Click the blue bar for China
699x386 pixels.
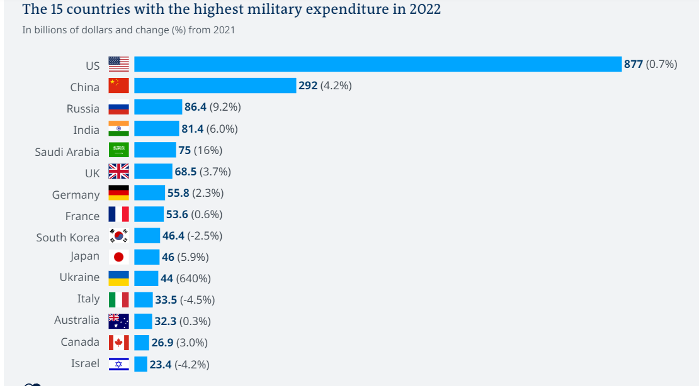click(x=215, y=85)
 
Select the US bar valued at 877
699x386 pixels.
click(x=378, y=64)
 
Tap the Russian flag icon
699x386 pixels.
click(x=118, y=108)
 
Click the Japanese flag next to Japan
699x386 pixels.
click(x=118, y=256)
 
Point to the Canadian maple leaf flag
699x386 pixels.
click(x=118, y=343)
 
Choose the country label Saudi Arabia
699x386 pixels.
click(x=67, y=152)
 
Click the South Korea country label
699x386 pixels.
click(x=67, y=237)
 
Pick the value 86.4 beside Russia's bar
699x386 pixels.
click(x=195, y=107)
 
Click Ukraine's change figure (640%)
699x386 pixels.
click(x=193, y=278)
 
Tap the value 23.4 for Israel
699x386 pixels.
click(x=161, y=364)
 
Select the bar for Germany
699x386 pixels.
click(x=149, y=193)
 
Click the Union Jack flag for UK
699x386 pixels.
click(x=118, y=172)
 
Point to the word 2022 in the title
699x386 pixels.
click(x=423, y=9)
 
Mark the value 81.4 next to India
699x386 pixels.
click(x=193, y=129)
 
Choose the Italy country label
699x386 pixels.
click(x=88, y=299)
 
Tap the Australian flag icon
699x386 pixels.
click(x=118, y=321)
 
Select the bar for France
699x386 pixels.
click(x=149, y=214)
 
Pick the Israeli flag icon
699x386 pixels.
click(x=118, y=364)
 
